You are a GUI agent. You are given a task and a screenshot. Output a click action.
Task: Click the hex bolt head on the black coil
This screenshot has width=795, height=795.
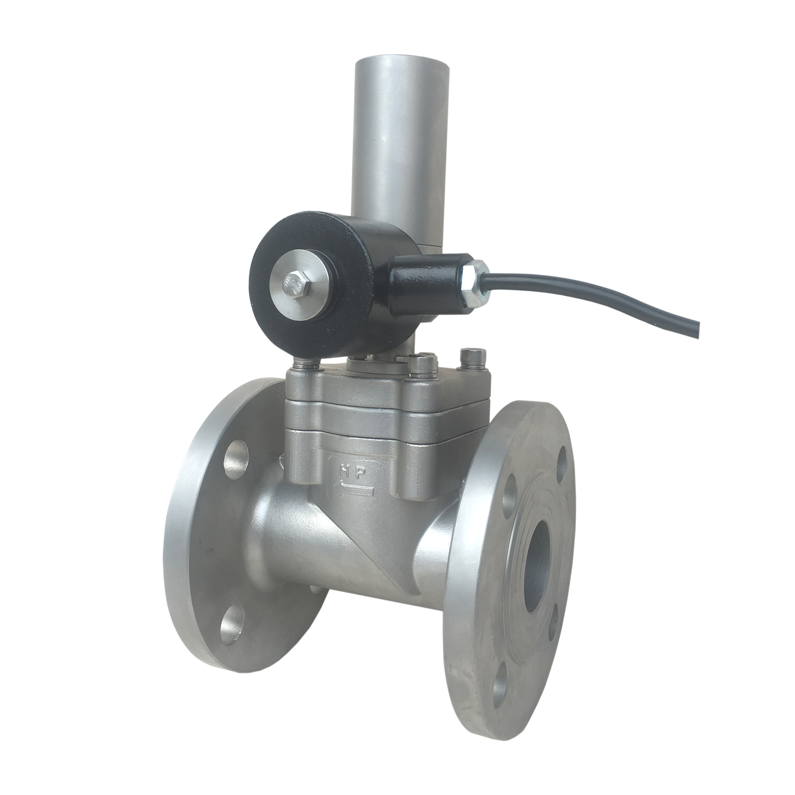click(294, 283)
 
